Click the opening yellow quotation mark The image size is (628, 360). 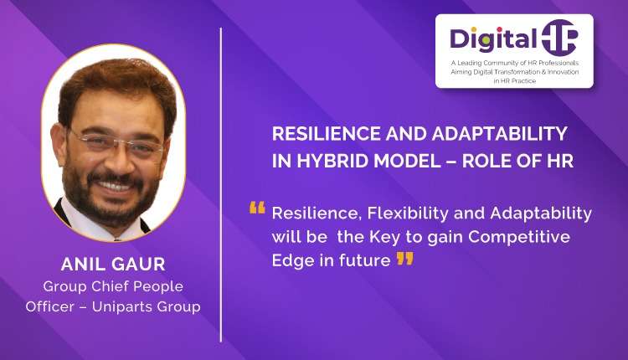pyautogui.click(x=257, y=208)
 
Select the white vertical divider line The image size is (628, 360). pyautogui.click(x=221, y=184)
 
